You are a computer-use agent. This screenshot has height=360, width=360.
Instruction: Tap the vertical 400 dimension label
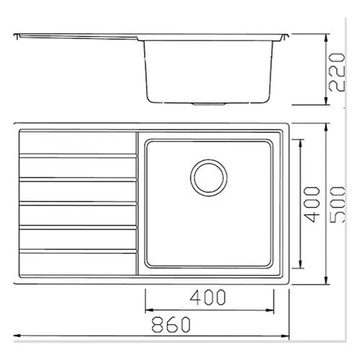pos(311,204)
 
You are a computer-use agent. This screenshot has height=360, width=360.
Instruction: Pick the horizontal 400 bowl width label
pos(209,297)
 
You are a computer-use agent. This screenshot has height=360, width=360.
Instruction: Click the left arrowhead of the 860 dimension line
pos(17,336)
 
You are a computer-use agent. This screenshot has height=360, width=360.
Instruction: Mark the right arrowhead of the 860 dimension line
pos(285,336)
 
